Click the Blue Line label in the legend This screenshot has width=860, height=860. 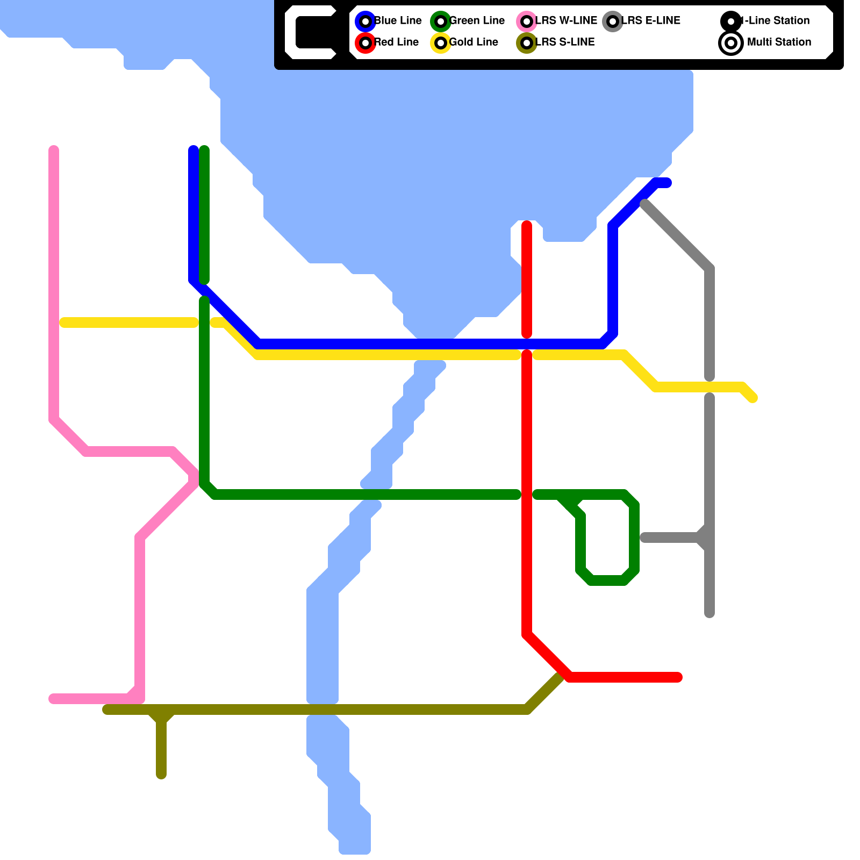[398, 20]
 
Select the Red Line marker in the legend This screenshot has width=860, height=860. [365, 42]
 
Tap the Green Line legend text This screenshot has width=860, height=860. [477, 20]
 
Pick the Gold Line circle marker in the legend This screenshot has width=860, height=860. [441, 42]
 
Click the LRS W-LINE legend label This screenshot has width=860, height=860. [566, 20]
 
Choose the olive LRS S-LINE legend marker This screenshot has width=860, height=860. [527, 42]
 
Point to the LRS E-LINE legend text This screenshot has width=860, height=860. [651, 20]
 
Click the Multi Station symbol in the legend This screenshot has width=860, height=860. [731, 43]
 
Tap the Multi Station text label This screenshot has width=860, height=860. [779, 42]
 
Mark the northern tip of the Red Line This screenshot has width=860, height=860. [527, 225]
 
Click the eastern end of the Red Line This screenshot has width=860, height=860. [678, 677]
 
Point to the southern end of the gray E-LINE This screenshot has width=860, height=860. [709, 614]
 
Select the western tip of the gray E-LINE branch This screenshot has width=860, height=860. [644, 537]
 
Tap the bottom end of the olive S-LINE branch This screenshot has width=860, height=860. [161, 775]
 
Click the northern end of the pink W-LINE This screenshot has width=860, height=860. [54, 149]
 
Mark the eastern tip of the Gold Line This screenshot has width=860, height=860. [754, 398]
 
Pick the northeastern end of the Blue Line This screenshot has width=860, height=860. [668, 183]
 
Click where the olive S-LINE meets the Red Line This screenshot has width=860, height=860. [562, 676]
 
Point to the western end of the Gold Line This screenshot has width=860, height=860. [63, 322]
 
